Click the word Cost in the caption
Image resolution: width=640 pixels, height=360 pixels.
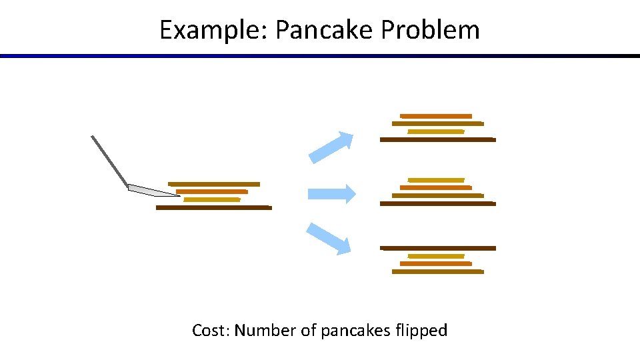coord(208,330)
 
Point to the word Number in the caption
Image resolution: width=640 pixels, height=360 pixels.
coord(265,330)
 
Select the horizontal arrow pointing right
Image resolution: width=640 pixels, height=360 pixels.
coord(331,193)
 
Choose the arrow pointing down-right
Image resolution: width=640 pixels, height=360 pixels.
coord(329,238)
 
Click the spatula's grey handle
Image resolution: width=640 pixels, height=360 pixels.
coord(109,161)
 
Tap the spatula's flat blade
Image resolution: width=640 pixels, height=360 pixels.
coord(152,191)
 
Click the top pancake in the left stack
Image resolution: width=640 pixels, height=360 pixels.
coord(214,184)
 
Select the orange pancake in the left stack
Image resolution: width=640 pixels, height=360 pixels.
coord(212,192)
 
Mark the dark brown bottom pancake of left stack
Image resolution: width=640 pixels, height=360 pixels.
coord(214,208)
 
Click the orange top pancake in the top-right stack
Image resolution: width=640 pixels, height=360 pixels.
coord(436,117)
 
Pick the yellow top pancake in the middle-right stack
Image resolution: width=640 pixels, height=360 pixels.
coord(436,180)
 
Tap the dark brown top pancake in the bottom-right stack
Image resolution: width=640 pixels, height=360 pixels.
coord(438,248)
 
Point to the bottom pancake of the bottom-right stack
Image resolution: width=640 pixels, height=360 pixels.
coord(438,272)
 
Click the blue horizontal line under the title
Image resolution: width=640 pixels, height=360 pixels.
coord(320,56)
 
